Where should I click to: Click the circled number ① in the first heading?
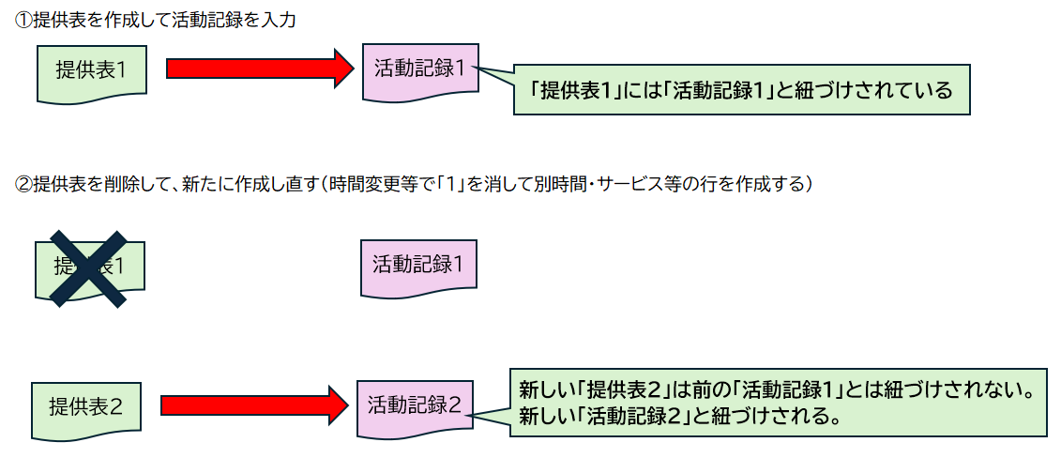coord(23,21)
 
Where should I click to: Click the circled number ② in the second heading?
coord(23,184)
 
